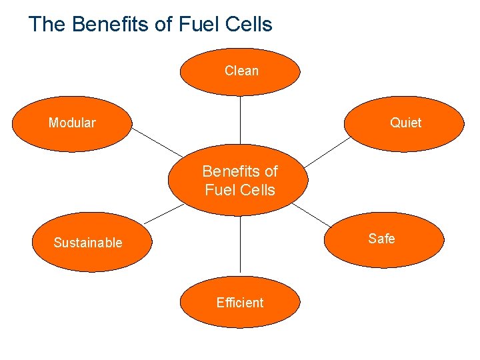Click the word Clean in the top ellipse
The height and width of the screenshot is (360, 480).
pyautogui.click(x=241, y=71)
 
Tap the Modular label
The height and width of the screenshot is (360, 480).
pyautogui.click(x=72, y=123)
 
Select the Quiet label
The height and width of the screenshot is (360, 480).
pyautogui.click(x=406, y=123)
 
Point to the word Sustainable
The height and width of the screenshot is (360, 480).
pyautogui.click(x=88, y=243)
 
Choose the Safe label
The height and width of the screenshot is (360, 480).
pyautogui.click(x=381, y=239)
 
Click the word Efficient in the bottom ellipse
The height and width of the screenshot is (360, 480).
pyautogui.click(x=240, y=303)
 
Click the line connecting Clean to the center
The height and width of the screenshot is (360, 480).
pyautogui.click(x=240, y=120)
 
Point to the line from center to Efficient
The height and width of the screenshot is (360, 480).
pyautogui.click(x=240, y=247)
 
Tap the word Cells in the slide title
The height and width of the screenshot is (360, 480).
pyautogui.click(x=249, y=25)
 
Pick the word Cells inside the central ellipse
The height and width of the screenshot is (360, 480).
pyautogui.click(x=259, y=190)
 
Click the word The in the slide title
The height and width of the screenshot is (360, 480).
pyautogui.click(x=47, y=25)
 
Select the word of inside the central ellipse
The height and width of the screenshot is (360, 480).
pyautogui.click(x=269, y=171)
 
